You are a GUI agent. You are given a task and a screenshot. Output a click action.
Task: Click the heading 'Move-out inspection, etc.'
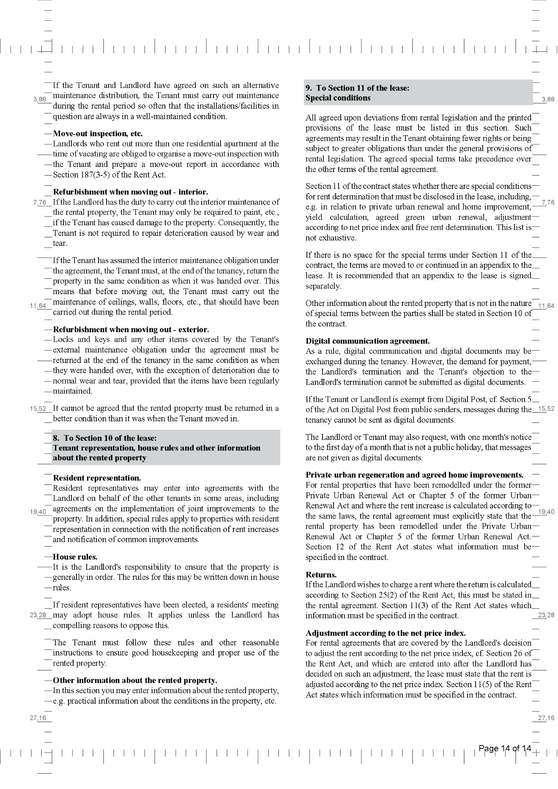click(x=98, y=134)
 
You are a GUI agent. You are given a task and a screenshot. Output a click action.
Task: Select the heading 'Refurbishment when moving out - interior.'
click(x=130, y=192)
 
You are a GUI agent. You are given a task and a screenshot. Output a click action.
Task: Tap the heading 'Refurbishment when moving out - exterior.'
click(x=131, y=330)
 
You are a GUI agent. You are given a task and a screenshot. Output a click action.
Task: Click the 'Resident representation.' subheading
click(x=97, y=478)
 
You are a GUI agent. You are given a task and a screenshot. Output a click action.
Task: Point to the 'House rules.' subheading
click(x=75, y=557)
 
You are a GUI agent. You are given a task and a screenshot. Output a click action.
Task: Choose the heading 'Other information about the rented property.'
click(x=135, y=680)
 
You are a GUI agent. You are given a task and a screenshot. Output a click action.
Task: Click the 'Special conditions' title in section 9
click(x=338, y=98)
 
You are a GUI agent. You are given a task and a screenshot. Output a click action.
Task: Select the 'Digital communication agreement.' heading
click(x=367, y=341)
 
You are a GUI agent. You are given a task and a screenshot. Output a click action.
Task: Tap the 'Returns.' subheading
click(x=321, y=575)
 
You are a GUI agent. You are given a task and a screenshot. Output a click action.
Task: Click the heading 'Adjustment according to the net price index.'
click(x=386, y=633)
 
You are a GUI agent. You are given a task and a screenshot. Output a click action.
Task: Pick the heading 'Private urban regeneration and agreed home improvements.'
click(x=414, y=475)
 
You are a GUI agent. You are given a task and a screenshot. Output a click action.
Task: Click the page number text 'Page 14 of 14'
click(x=504, y=748)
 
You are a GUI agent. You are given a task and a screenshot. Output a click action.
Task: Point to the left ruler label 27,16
click(x=38, y=718)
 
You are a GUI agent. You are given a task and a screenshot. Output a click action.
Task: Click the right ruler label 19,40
click(x=546, y=512)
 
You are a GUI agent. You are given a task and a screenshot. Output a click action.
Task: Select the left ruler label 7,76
click(x=40, y=203)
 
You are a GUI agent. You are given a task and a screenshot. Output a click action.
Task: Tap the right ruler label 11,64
click(x=546, y=306)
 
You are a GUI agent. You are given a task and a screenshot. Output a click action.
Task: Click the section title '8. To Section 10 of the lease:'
click(x=104, y=438)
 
